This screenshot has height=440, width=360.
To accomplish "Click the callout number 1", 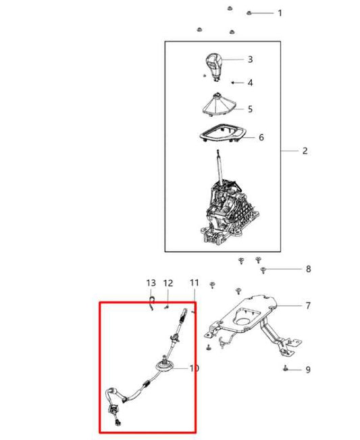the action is click(x=280, y=13).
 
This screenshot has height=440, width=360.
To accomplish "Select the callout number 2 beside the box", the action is click(x=305, y=151).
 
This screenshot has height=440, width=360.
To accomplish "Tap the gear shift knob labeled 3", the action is click(x=213, y=67).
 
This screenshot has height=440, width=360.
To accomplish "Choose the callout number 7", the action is click(x=308, y=305).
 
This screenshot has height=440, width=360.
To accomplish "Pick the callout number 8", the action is click(x=308, y=269).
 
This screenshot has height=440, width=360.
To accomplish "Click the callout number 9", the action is click(x=308, y=370).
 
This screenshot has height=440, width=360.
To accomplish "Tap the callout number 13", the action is click(x=151, y=283).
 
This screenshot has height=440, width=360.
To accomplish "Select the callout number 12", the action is click(x=168, y=283).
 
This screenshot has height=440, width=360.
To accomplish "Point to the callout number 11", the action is click(x=195, y=283).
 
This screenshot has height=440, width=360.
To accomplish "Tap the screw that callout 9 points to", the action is click(x=286, y=368).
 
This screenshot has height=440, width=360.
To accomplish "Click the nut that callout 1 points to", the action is click(x=249, y=13).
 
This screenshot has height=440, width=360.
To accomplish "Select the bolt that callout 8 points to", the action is click(x=263, y=270).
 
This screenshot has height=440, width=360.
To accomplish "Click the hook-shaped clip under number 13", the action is click(x=151, y=302).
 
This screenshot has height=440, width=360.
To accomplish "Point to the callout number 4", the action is click(x=250, y=82).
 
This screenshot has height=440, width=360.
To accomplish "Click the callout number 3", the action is click(x=250, y=59).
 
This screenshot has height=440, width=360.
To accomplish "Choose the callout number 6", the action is click(x=261, y=137).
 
